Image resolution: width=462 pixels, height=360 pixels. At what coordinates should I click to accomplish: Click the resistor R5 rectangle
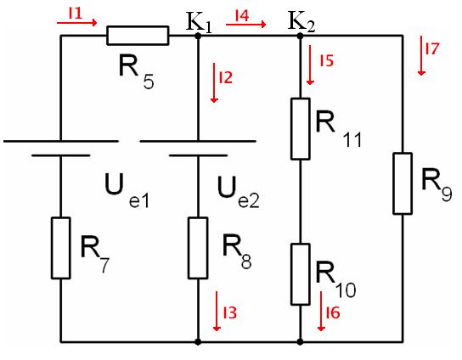coord(138,36)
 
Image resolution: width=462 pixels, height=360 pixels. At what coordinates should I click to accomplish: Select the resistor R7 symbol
coord(60,248)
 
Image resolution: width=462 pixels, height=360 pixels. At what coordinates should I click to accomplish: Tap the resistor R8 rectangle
coord(198,248)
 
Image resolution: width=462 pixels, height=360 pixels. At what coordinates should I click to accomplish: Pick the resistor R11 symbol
coord(301,129)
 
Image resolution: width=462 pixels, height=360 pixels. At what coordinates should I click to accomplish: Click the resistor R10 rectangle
coord(301,274)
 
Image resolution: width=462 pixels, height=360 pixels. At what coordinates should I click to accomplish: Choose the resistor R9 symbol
coord(403,183)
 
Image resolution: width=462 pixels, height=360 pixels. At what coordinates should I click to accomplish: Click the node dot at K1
coord(198,36)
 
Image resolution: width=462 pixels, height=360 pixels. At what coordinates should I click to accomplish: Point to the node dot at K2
coord(300,36)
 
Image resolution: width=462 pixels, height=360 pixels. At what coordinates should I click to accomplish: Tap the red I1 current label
coord(76,14)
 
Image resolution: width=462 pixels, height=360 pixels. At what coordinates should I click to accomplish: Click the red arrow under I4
coord(246,25)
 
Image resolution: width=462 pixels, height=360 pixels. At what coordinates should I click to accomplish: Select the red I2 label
coord(225,77)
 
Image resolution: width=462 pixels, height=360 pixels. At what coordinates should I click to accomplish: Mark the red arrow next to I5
coord(310,65)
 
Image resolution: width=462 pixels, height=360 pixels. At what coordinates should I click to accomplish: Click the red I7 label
coord(432,48)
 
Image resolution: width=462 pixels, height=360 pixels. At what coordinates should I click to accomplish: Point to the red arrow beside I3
coord(217,311)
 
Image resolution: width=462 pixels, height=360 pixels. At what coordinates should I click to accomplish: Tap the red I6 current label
coord(333,312)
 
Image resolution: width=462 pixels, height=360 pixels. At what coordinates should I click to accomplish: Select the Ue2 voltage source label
coord(239,192)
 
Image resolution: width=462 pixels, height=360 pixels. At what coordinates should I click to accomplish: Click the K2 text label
coord(301,21)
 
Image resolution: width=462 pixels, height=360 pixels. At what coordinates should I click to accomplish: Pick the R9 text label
coord(437,184)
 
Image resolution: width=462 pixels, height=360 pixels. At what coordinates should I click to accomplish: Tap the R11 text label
coord(339,130)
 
